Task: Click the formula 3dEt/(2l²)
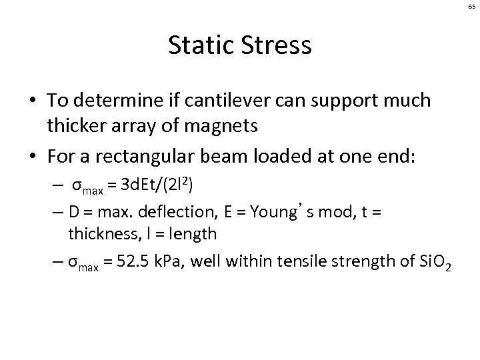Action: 173,182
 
